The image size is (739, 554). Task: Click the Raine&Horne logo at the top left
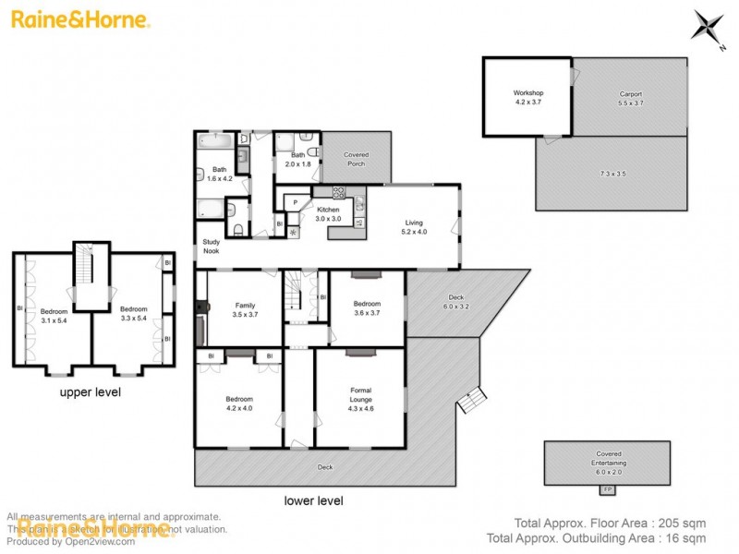click(80, 19)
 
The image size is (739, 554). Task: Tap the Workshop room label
click(528, 98)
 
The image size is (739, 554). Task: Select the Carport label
click(630, 99)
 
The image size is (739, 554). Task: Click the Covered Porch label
click(356, 159)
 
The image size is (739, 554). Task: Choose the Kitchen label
click(329, 214)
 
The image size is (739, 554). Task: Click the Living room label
click(413, 227)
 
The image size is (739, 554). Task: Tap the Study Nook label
click(212, 247)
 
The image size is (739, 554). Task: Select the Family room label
click(245, 309)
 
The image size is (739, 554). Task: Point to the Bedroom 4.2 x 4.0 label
click(239, 403)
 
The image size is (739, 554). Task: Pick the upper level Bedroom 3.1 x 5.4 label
click(55, 316)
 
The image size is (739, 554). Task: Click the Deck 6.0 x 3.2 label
click(456, 302)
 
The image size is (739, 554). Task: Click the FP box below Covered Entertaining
click(607, 488)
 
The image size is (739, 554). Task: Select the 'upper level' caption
click(91, 391)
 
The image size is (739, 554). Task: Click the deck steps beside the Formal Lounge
click(471, 400)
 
